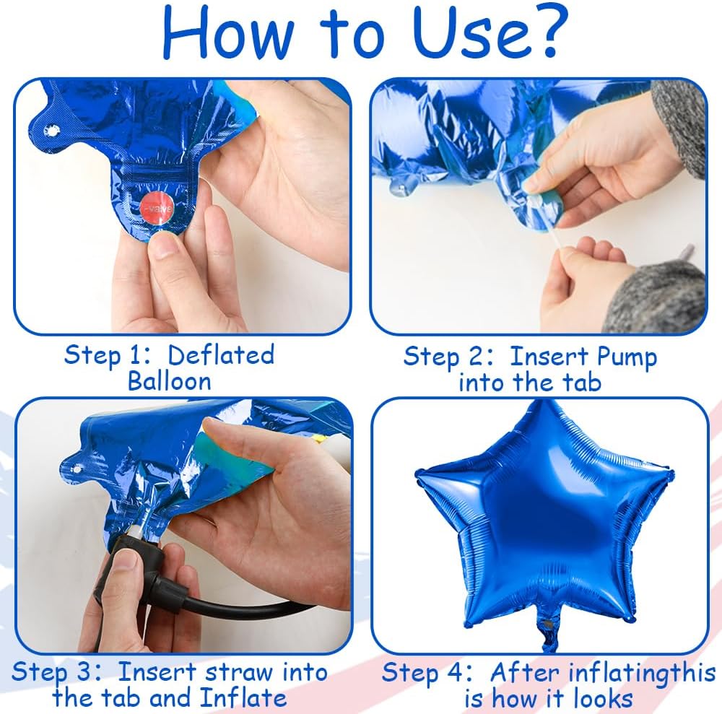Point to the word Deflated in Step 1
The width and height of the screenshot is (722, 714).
point(221,355)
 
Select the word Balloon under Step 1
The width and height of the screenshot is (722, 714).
point(169,380)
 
